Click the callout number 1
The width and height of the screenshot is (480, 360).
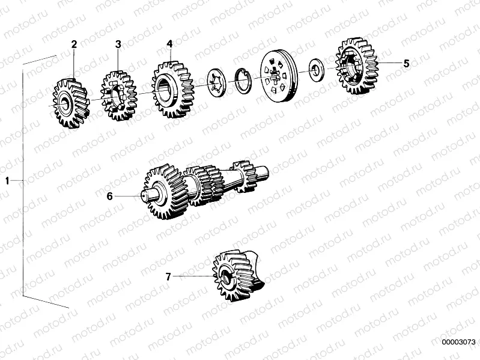(7, 180)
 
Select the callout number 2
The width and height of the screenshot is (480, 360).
(74, 44)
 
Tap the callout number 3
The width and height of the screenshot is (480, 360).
(118, 44)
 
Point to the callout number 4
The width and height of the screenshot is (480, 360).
(169, 44)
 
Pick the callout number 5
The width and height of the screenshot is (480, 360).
(406, 63)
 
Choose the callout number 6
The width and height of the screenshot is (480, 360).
(110, 196)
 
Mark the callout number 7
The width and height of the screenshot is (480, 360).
(168, 276)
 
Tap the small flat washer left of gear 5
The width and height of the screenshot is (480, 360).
(315, 69)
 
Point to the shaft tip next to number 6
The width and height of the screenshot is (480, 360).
(147, 195)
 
